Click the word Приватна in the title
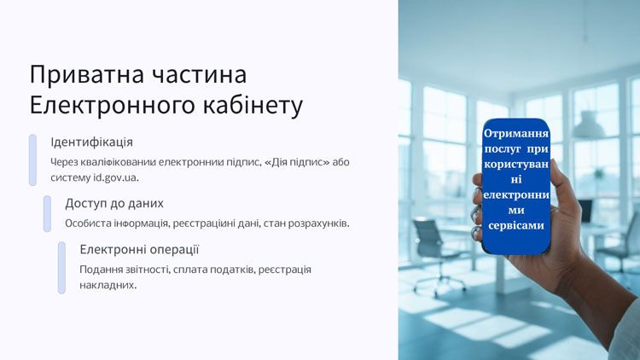coord(87,75)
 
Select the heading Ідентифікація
coord(92,142)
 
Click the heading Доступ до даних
coord(114,203)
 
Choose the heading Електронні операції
coord(139,249)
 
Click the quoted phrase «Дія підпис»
coord(297,162)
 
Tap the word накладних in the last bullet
coord(108,285)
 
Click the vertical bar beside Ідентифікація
coord(32,160)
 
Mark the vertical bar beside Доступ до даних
coord(47,214)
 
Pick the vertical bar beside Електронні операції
coord(61,268)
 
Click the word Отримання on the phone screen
coord(516,133)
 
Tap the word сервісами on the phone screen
coord(516,225)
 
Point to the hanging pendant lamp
coord(588,125)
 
